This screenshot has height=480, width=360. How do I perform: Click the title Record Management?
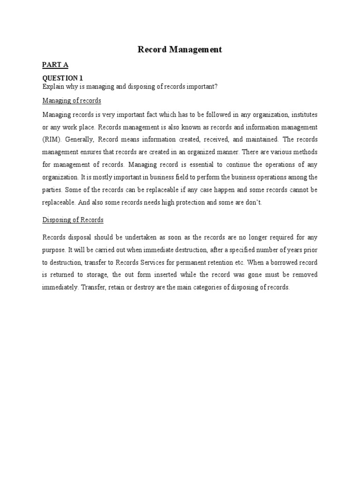point(180,49)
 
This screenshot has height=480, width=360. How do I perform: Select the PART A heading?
point(55,65)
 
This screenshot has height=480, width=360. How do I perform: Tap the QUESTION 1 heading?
point(63,78)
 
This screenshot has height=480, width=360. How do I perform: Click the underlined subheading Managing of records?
point(72,101)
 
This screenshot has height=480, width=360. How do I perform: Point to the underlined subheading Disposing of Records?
point(73,220)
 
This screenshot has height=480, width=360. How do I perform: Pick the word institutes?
point(304,115)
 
